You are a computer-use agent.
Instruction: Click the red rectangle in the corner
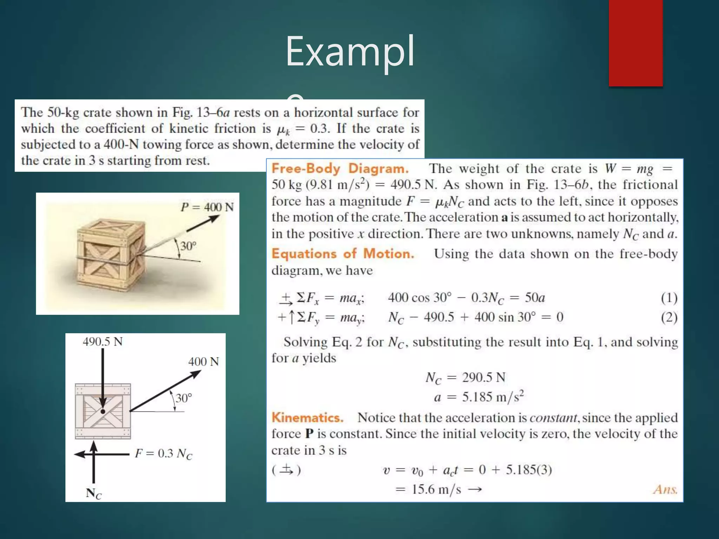pyautogui.click(x=635, y=42)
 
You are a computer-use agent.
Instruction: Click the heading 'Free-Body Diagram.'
pyautogui.click(x=340, y=168)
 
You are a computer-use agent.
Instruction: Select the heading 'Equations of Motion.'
pyautogui.click(x=343, y=253)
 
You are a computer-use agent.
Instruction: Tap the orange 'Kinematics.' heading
pyautogui.click(x=307, y=418)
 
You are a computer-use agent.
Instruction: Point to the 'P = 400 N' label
pyautogui.click(x=207, y=207)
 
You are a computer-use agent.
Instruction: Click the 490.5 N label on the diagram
pyautogui.click(x=103, y=341)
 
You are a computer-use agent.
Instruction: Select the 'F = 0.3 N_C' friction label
pyautogui.click(x=164, y=454)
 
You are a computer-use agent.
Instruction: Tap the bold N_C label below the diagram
pyautogui.click(x=93, y=493)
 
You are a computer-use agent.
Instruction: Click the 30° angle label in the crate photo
pyautogui.click(x=188, y=246)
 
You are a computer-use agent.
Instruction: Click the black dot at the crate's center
pyautogui.click(x=103, y=412)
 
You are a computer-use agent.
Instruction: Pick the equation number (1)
pyautogui.click(x=669, y=298)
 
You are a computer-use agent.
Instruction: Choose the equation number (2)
pyautogui.click(x=669, y=318)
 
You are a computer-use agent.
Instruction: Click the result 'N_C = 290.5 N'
pyautogui.click(x=465, y=378)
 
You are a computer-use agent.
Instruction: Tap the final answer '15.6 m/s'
pyautogui.click(x=436, y=489)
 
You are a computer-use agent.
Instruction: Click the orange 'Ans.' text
pyautogui.click(x=665, y=489)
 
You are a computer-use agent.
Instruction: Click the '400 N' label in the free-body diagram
pyautogui.click(x=203, y=361)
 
